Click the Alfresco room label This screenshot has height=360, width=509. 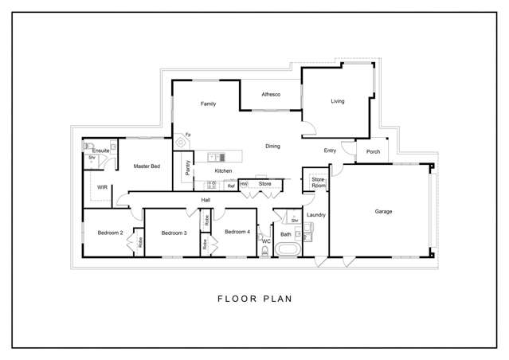[271, 95]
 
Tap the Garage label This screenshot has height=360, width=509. [383, 211]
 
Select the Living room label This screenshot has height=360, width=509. [337, 101]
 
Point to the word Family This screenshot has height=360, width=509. [208, 104]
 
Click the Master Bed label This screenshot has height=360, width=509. [147, 166]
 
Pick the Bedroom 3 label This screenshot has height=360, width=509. [174, 233]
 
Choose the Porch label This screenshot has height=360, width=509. [373, 151]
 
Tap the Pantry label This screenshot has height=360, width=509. [187, 168]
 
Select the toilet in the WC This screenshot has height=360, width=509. [265, 251]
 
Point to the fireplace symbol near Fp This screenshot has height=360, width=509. [181, 143]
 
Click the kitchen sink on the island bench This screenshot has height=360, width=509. [216, 158]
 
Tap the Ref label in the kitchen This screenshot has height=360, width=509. [231, 186]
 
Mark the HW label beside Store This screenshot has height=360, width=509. [244, 184]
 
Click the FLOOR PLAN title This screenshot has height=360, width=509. [255, 299]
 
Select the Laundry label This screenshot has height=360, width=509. [316, 215]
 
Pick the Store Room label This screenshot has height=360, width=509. [319, 182]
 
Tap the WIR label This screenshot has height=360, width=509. [102, 187]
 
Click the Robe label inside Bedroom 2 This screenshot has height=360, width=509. [140, 242]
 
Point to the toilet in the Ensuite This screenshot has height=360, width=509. [88, 147]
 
